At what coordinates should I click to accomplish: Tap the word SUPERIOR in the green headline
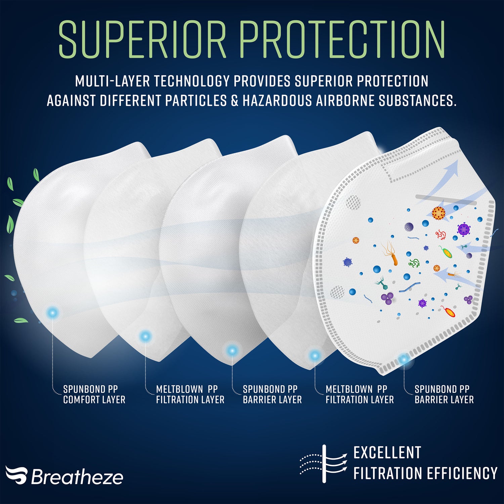tap(142, 40)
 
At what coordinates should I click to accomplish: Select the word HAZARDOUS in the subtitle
tap(277, 100)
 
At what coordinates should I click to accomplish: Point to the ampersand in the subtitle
tap(235, 100)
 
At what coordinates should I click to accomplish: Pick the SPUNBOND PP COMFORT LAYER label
tap(94, 394)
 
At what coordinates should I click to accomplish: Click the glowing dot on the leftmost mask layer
tap(52, 313)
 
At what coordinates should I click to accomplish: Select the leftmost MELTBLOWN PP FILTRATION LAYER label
tap(190, 394)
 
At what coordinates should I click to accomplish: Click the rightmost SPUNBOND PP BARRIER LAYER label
tap(444, 394)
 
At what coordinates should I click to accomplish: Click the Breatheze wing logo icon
tap(16, 475)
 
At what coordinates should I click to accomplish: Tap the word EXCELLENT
tap(387, 453)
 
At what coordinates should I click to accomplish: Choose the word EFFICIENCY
tap(462, 473)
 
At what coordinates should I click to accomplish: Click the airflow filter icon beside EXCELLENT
tap(324, 464)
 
